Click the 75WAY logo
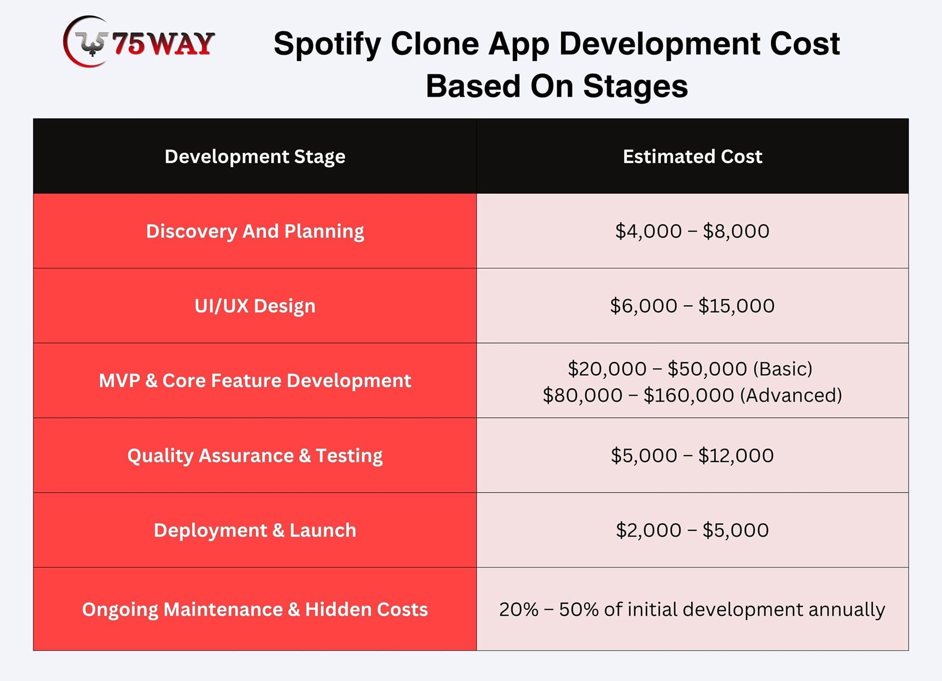point(138,42)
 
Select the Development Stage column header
point(255,157)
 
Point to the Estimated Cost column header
point(693,156)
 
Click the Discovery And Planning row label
point(255,232)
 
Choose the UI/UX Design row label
point(255,306)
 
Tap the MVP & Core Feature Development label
point(255,381)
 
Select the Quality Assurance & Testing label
point(255,456)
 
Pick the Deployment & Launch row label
point(255,530)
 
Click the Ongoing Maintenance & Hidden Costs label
point(255,610)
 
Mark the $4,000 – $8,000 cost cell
point(692,231)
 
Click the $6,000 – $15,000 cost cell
point(692,306)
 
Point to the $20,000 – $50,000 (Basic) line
point(690,369)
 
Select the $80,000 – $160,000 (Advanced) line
point(692,395)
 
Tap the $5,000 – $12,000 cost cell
point(692,456)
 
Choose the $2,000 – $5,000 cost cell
point(692,530)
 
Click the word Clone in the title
point(435,44)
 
